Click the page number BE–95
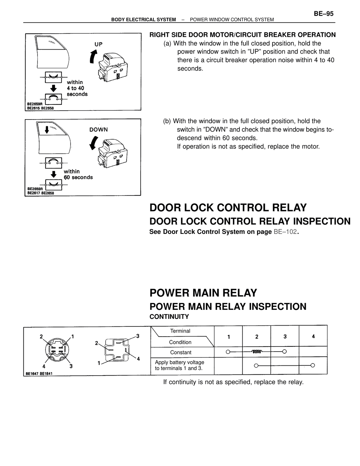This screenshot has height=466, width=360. [x=323, y=14]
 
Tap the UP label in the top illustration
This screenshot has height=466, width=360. [x=98, y=44]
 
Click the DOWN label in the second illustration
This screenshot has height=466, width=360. [x=98, y=129]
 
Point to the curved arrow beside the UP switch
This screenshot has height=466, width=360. [x=93, y=56]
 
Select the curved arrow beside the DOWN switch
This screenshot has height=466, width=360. [x=94, y=143]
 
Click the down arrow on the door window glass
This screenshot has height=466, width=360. [x=47, y=130]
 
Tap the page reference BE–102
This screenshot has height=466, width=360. [x=285, y=232]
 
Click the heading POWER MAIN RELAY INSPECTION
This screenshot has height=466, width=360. [x=228, y=307]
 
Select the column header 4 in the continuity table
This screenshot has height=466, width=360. [x=313, y=337]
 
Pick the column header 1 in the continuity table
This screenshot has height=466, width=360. [x=229, y=337]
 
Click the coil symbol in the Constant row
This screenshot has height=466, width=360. [x=256, y=352]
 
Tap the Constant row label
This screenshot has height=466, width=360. [x=181, y=352]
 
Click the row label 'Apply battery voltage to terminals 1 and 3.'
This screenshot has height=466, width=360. [x=179, y=365]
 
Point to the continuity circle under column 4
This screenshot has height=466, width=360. [x=313, y=365]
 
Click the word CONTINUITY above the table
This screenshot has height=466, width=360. [x=169, y=317]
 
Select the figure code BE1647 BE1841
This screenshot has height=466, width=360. [x=39, y=374]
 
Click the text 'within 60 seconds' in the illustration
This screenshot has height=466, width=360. [x=78, y=174]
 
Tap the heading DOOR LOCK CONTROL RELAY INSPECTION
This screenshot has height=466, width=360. [x=250, y=221]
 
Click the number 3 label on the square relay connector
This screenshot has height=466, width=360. [x=138, y=336]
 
